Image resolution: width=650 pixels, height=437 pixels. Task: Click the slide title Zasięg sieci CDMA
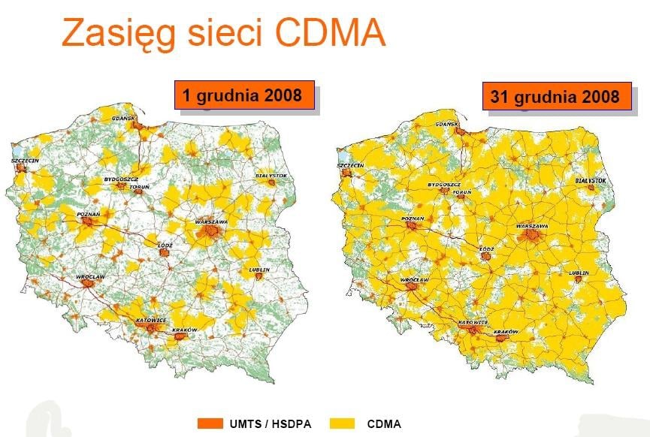223,34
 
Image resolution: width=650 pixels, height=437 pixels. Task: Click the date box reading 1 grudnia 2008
243,95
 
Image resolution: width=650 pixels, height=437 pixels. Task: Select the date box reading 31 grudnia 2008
555,97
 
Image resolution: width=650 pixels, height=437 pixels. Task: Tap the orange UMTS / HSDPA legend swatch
210,423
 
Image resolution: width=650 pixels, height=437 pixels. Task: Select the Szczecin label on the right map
351,164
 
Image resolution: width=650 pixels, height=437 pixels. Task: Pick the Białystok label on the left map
272,175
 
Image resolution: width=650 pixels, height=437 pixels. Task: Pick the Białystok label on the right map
591,181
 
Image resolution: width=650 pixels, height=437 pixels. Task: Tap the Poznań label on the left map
89,214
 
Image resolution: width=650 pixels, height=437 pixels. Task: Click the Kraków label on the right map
508,331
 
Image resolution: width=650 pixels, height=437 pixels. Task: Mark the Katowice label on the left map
150,320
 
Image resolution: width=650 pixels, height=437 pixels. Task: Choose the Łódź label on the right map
488,249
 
